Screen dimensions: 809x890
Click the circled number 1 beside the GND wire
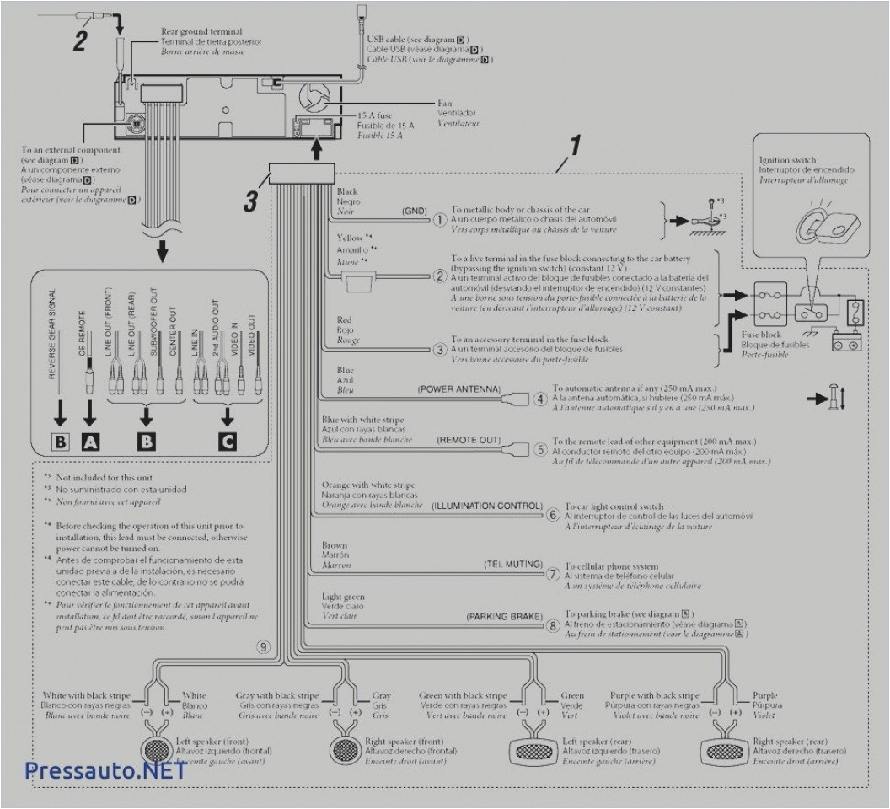point(439,219)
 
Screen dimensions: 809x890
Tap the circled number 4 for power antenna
point(541,398)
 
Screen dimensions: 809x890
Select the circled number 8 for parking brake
point(552,625)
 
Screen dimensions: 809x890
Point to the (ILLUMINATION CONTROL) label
point(485,506)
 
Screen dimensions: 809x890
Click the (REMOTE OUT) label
point(469,441)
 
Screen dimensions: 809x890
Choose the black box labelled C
point(225,440)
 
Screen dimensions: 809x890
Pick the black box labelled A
point(89,440)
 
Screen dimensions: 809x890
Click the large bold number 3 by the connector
point(251,201)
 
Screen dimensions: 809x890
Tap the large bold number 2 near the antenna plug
point(79,40)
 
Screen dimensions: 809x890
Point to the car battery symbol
point(847,343)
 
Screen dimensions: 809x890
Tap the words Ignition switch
point(786,159)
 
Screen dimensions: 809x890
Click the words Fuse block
point(761,334)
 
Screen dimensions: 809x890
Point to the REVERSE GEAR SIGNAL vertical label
point(52,334)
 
